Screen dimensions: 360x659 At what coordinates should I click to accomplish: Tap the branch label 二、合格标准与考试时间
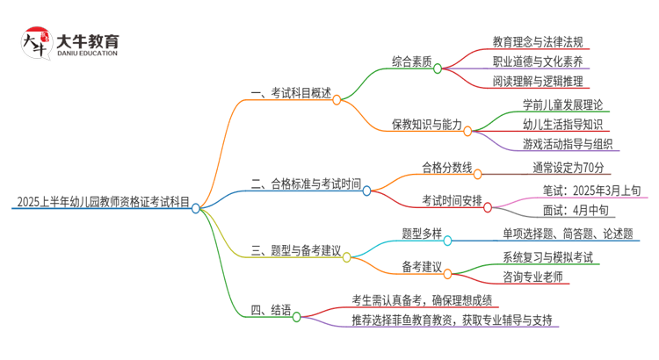point(305,184)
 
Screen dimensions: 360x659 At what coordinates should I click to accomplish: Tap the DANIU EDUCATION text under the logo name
point(87,54)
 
